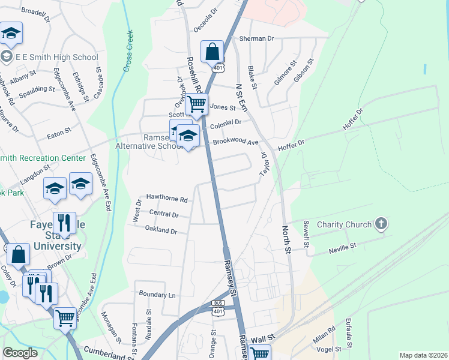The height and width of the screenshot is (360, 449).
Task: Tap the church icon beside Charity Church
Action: click(x=380, y=224)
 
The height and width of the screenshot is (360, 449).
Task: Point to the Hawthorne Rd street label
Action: click(x=167, y=199)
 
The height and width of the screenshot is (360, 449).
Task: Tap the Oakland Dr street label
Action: click(x=161, y=230)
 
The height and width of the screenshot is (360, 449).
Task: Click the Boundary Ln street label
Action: click(x=157, y=295)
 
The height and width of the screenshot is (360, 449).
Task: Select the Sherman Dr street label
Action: click(x=256, y=38)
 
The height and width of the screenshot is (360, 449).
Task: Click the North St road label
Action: click(x=287, y=239)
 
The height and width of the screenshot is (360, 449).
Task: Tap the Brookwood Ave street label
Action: click(x=235, y=142)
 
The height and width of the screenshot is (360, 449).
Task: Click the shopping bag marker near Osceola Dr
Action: click(x=212, y=52)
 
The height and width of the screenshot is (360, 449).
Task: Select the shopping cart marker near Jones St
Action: click(x=197, y=104)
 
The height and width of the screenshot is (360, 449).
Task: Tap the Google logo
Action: click(x=20, y=353)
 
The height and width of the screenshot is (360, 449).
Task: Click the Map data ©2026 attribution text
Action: click(x=423, y=355)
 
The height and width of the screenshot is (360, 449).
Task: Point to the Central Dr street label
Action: click(x=164, y=214)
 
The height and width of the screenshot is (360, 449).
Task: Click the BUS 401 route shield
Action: click(x=218, y=307)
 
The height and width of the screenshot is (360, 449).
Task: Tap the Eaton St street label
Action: click(x=59, y=132)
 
